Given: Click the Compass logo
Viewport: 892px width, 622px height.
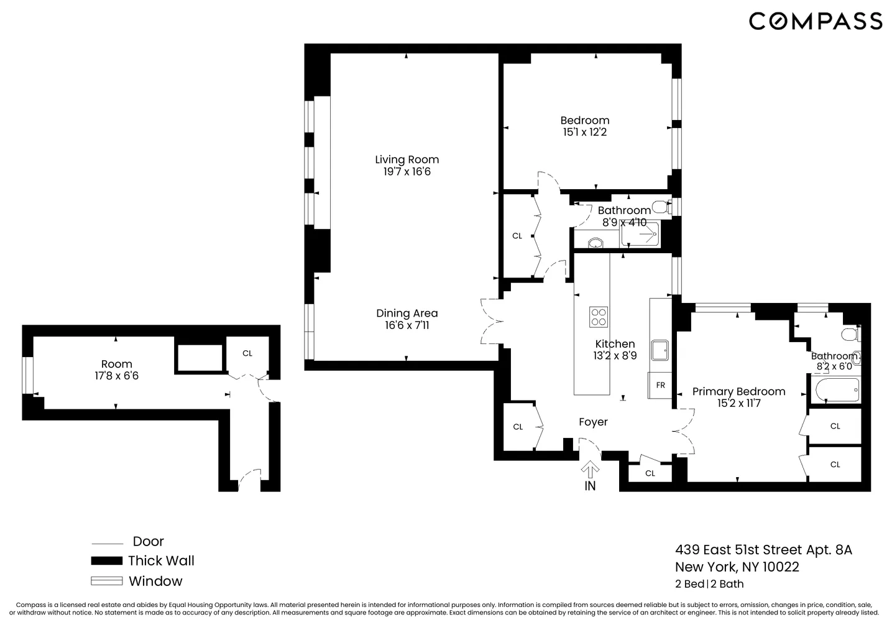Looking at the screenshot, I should coord(815,21).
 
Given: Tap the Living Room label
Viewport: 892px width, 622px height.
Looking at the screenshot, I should coord(407,159).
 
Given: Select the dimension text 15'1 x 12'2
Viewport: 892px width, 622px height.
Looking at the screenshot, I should coord(584,132).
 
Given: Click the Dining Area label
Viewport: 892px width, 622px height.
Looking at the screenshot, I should coord(407,313).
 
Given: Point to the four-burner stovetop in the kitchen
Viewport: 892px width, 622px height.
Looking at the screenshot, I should coord(599,317).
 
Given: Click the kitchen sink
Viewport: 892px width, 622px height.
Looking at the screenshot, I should coord(659,351).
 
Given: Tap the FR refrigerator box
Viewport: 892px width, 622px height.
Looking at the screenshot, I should coord(660,385).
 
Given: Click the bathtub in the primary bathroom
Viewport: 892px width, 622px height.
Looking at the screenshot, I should coord(837,390).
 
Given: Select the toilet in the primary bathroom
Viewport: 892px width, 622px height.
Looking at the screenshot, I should coord(850,335).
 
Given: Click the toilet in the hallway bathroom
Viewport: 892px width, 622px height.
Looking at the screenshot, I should coord(661,207).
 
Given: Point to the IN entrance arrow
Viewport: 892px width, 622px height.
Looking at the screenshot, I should coord(590,470).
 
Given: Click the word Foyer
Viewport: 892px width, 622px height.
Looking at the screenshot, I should coord(593,422).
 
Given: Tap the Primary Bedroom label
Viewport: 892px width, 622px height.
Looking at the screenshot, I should coord(738,391).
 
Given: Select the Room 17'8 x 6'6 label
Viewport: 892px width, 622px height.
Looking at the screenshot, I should coord(116,369).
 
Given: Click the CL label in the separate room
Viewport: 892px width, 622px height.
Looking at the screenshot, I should coord(247,353).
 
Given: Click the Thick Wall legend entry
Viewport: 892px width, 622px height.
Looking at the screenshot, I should coord(161,560).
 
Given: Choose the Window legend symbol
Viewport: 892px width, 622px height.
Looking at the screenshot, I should coord(106,582).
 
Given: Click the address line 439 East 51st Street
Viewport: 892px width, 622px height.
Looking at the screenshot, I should coord(763,550).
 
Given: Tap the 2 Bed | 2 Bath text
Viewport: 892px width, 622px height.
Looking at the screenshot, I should coord(709,584).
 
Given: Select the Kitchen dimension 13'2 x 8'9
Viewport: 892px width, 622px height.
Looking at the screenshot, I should coord(615,356).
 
